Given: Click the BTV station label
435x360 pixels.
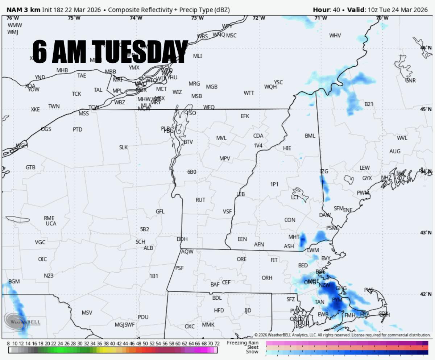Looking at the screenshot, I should pyautogui.click(x=188, y=142).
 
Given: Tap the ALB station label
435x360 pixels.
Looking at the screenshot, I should pyautogui.click(x=148, y=248).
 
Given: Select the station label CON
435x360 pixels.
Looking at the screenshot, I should pyautogui.click(x=290, y=220).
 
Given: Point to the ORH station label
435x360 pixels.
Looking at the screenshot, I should pyautogui.click(x=267, y=278).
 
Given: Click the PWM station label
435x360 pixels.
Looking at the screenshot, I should pyautogui.click(x=363, y=193).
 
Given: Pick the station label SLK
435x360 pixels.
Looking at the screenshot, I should pyautogui.click(x=123, y=147).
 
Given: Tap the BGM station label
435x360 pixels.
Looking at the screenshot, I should pyautogui.click(x=14, y=281).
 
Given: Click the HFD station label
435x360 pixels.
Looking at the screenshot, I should pyautogui.click(x=219, y=310).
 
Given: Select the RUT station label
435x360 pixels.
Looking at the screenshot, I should pyautogui.click(x=200, y=200).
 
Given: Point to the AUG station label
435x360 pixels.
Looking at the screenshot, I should pyautogui.click(x=395, y=151).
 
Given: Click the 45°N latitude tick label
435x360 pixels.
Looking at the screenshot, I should pyautogui.click(x=426, y=109).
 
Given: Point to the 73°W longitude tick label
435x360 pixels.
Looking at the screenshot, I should pyautogui.click(x=197, y=18).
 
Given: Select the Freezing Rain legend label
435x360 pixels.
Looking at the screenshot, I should pyautogui.click(x=243, y=343).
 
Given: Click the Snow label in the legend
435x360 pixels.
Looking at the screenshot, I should pyautogui.click(x=252, y=352).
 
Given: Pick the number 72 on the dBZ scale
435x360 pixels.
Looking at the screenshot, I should pyautogui.click(x=217, y=343).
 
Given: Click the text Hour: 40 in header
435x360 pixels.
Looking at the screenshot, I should pyautogui.click(x=326, y=10).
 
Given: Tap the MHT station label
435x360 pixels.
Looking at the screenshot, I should pyautogui.click(x=294, y=237).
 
